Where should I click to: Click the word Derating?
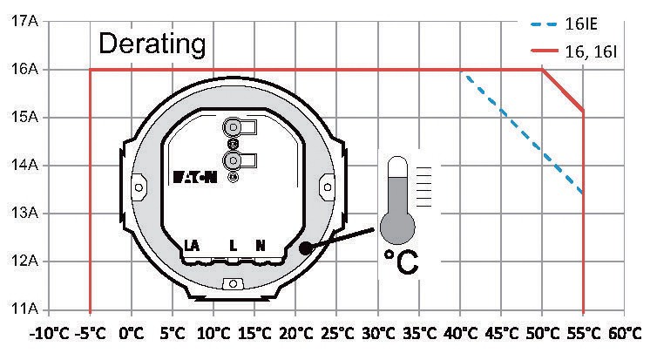click(x=152, y=44)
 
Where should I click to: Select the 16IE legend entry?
click(x=564, y=24)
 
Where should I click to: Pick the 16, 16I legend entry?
click(x=573, y=51)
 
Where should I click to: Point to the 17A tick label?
click(x=24, y=21)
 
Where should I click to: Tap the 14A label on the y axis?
click(x=24, y=165)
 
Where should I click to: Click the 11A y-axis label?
click(x=24, y=309)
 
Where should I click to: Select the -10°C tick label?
click(x=49, y=334)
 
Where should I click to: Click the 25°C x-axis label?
click(x=337, y=334)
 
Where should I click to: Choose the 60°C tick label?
click(x=625, y=334)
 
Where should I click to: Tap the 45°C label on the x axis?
click(x=502, y=334)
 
